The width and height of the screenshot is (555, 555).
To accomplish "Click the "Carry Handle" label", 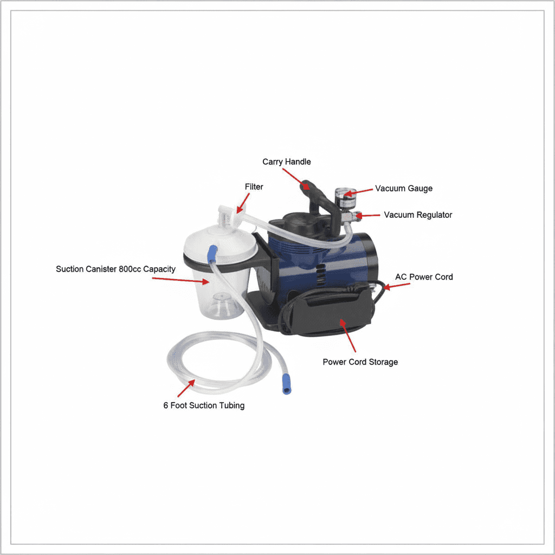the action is (x=286, y=162).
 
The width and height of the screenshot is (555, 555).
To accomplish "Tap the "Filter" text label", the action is (x=254, y=186).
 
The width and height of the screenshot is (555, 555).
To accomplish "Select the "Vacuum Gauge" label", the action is (x=403, y=188).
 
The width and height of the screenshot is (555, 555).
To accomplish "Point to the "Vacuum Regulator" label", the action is (x=418, y=215).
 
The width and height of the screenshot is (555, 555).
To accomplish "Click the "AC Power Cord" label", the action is (x=424, y=277).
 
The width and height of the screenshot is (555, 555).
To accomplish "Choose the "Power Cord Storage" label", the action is (x=360, y=362).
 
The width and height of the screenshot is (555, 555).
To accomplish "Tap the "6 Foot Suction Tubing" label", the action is (x=204, y=405).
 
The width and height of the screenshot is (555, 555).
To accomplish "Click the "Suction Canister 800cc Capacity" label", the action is (x=116, y=269).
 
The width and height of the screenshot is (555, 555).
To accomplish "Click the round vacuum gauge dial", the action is (x=345, y=195).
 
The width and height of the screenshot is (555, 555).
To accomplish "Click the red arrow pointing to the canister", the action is (x=180, y=280).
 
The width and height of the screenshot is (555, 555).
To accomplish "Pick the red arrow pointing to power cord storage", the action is (x=348, y=335).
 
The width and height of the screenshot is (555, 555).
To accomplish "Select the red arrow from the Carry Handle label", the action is (x=296, y=179).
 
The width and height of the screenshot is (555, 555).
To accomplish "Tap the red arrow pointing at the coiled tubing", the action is (x=186, y=388).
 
